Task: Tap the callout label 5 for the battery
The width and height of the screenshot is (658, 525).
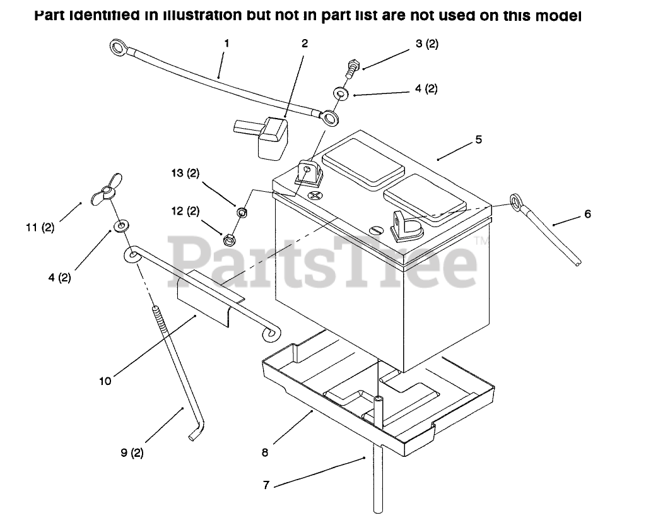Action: (x=479, y=139)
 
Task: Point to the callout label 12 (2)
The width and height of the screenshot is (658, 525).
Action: (x=184, y=211)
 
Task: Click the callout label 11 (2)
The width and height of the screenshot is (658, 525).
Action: (x=40, y=228)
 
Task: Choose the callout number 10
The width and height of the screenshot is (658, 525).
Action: (x=105, y=380)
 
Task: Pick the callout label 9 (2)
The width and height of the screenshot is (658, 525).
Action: (x=132, y=452)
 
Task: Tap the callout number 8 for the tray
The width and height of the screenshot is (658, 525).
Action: (x=265, y=452)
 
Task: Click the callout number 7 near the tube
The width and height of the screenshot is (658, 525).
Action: (x=266, y=485)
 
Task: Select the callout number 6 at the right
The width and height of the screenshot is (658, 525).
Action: (x=587, y=215)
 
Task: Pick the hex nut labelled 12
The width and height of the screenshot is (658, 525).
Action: (x=229, y=239)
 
